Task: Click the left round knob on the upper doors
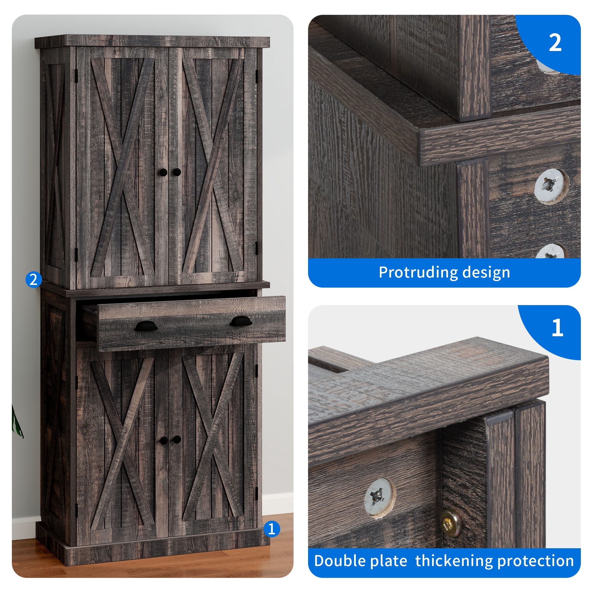(163, 172)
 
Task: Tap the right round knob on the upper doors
(177, 172)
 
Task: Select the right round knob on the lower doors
(177, 439)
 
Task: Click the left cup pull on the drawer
(146, 326)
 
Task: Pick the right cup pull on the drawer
(241, 321)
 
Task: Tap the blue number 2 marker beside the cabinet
(34, 279)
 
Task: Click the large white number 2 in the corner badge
(555, 43)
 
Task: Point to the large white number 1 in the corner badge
(557, 328)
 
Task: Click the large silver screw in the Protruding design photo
(551, 186)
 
